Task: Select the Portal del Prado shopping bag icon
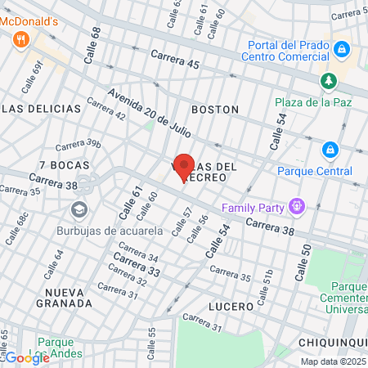click(344, 51)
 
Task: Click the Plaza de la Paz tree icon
click(328, 81)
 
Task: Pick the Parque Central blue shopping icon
click(330, 150)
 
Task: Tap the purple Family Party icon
click(297, 207)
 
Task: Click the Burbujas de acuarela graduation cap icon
click(79, 209)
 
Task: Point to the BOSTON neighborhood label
click(215, 109)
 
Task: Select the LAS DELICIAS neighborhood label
click(43, 109)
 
